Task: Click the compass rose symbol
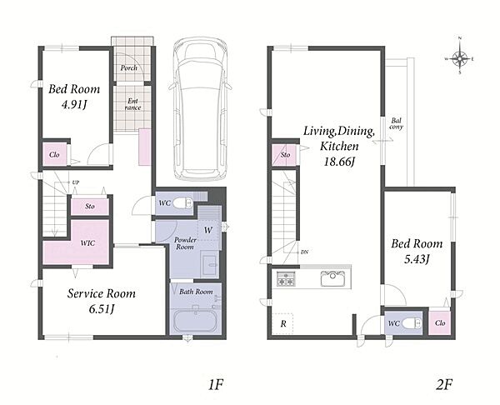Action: point(459,58)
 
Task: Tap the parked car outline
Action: point(200,108)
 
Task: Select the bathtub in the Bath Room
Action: point(196,321)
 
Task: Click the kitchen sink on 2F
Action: point(332,278)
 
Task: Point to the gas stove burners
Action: point(285,278)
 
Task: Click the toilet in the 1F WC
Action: point(183,202)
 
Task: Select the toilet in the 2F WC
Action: point(412,323)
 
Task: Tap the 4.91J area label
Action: point(74,105)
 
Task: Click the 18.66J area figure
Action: point(339,162)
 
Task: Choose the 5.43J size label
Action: point(417,259)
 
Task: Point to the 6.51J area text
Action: point(102,308)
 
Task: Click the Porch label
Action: point(129,68)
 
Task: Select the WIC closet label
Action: point(87,243)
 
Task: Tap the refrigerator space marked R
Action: point(283,323)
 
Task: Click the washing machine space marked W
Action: point(207,230)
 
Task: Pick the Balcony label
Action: point(397,123)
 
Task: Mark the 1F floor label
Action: point(215,385)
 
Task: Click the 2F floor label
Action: point(444,385)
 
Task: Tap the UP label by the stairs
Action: point(76,182)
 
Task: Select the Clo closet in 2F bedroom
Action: point(440,322)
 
